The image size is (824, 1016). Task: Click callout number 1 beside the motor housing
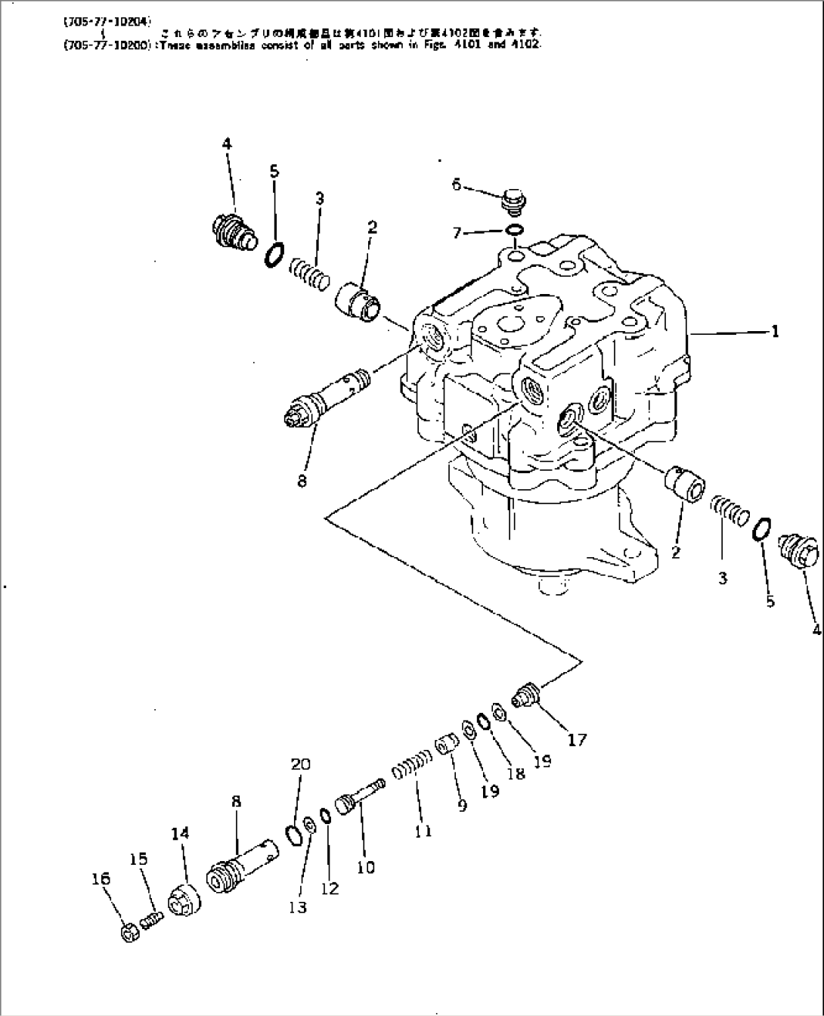pos(775,331)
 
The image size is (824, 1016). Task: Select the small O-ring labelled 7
pos(514,231)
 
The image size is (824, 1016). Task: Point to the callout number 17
pos(577,739)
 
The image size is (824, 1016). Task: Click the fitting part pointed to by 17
pos(525,693)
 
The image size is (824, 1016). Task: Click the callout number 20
pos(300,764)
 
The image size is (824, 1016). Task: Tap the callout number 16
pos(101,878)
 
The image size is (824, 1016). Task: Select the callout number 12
pos(330,888)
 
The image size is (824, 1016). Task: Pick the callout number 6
pos(457,184)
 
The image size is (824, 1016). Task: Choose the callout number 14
pos(180,833)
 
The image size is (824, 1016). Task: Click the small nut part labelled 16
pos(129,933)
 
